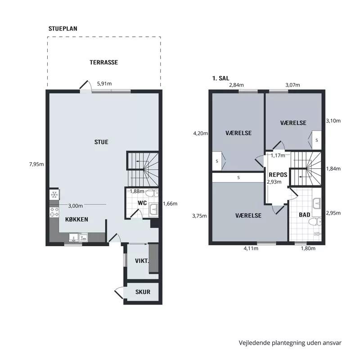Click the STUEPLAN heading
63,28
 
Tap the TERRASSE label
103,63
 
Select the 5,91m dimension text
105,83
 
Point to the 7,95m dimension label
36,164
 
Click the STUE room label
101,142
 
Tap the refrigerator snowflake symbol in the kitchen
54,195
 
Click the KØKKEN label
76,220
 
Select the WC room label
142,203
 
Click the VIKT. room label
142,261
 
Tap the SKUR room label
143,292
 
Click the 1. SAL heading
221,78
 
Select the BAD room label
304,215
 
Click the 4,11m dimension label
251,248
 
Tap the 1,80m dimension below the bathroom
308,248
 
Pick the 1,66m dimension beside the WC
170,203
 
